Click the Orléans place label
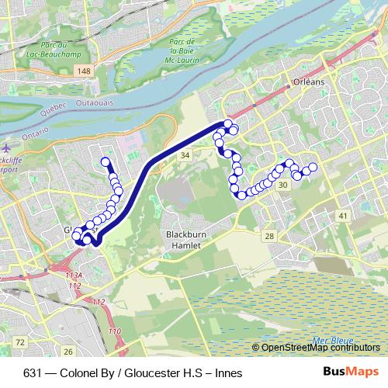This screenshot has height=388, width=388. click(308, 81)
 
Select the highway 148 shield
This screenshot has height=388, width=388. click(82, 71)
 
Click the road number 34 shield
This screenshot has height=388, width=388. click(185, 156)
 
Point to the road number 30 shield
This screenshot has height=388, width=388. click(283, 185)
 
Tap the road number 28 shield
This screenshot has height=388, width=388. click(268, 236)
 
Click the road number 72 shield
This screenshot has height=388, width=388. click(20, 341)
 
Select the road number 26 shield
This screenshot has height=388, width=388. click(68, 352)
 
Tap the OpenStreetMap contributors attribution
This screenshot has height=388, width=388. click(320, 347)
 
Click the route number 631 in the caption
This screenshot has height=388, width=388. click(33, 373)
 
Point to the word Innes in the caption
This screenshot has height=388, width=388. click(229, 373)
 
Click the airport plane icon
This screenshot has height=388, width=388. click(6, 145)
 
